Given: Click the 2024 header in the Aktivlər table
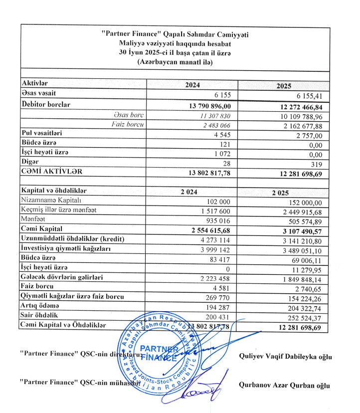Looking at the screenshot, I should [192, 85].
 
